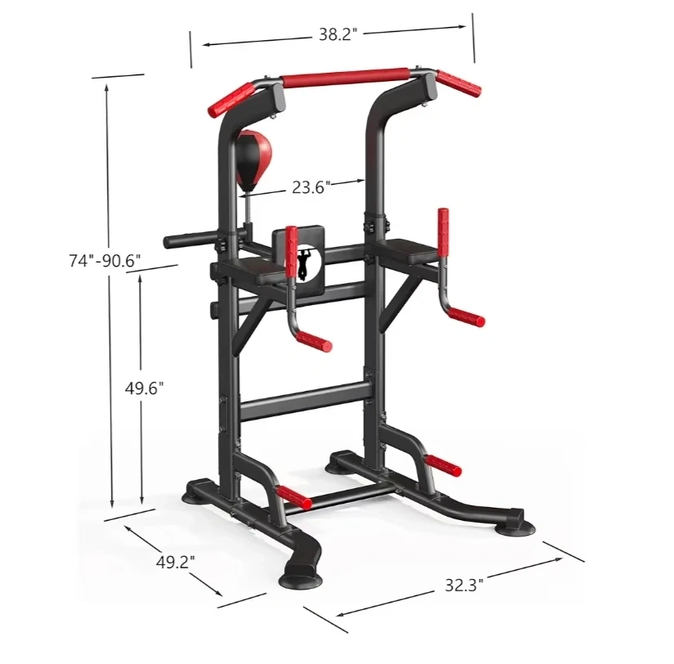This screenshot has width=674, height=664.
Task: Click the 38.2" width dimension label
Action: tap(338, 34)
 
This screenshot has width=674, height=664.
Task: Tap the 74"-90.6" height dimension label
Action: tap(105, 261)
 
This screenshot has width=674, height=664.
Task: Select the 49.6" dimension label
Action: tap(145, 388)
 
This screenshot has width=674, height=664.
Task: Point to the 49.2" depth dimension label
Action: tap(176, 562)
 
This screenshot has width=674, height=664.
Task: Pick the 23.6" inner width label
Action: tap(311, 187)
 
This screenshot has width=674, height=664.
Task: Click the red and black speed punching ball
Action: tap(253, 157)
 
